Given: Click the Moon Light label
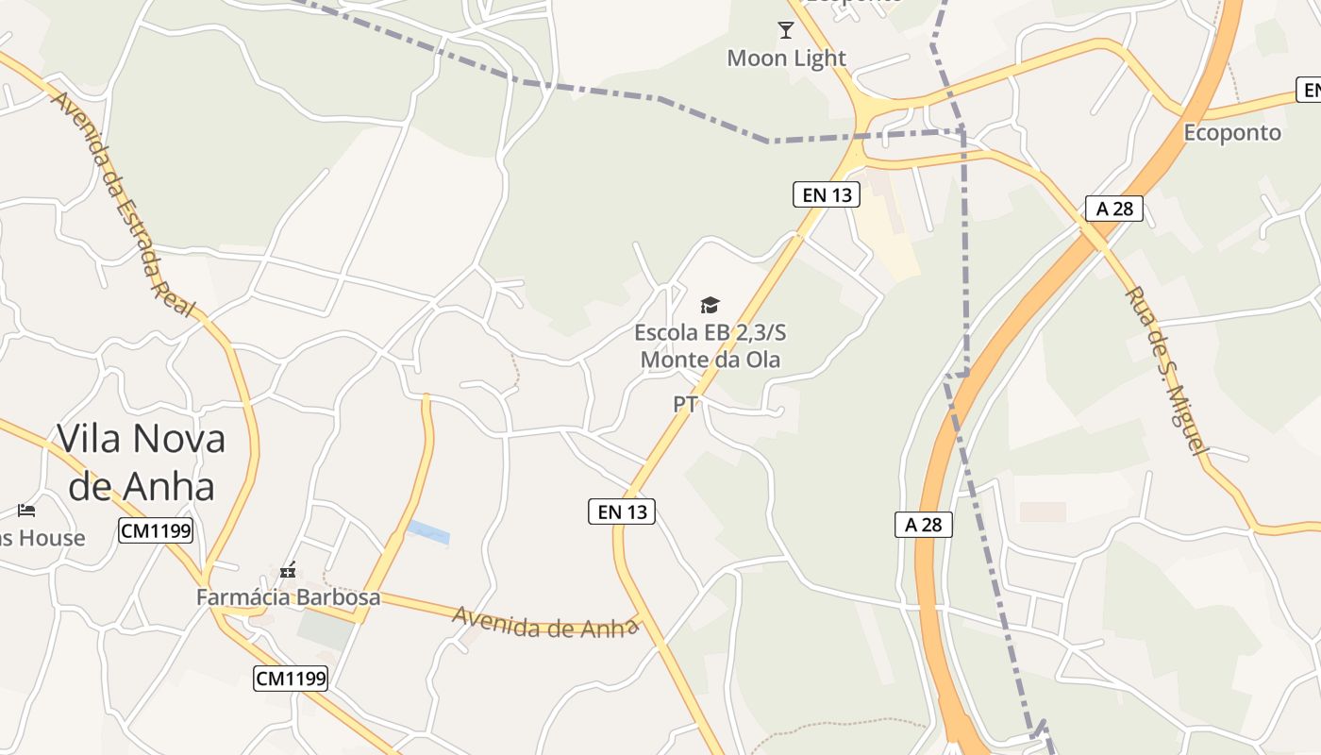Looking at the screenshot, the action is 786,59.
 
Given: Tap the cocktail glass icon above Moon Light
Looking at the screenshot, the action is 786,30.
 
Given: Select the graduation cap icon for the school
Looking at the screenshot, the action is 710,305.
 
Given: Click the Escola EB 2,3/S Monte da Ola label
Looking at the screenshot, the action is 711,345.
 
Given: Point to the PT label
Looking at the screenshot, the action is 686,405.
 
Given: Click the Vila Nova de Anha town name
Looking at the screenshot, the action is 142,462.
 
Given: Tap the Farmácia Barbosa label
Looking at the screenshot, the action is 288,597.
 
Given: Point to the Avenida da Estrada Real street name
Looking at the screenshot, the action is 123,203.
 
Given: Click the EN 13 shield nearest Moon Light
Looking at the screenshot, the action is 827,195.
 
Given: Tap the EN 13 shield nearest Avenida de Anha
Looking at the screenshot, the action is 623,512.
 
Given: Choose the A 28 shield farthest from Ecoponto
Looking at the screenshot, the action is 924,525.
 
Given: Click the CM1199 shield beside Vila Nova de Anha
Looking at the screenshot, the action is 156,531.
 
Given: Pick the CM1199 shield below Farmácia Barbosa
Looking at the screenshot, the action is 291,678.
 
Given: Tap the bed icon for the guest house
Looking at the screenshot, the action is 26,511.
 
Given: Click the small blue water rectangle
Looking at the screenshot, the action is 429,532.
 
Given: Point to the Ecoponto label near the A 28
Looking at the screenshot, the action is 1232,133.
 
